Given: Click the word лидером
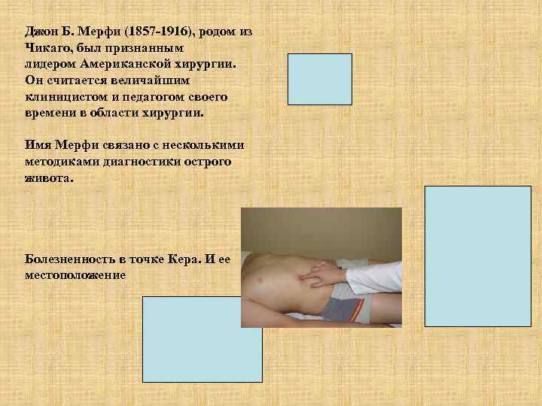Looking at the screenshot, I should (x=48, y=66).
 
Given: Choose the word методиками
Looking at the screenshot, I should (x=59, y=160).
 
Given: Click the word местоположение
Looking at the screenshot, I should (x=75, y=274).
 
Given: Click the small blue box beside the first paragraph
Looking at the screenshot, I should (x=320, y=78).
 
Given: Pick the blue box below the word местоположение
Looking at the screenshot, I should (x=202, y=339).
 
